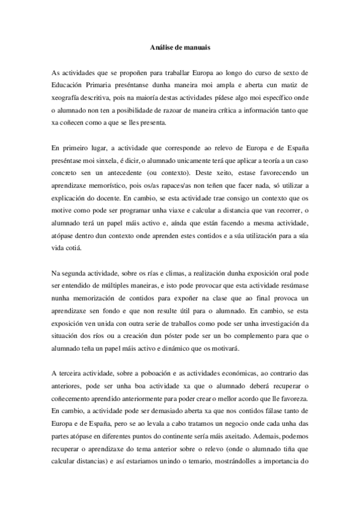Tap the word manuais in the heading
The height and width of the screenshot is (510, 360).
(196, 45)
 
